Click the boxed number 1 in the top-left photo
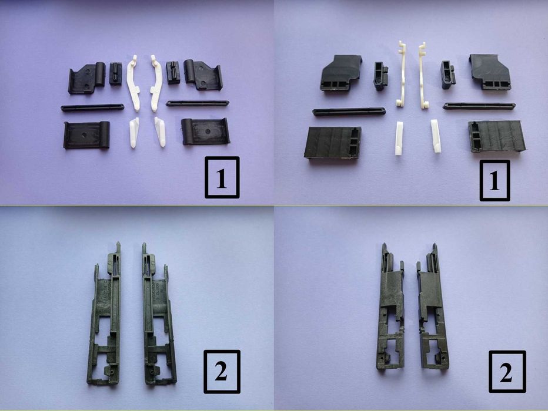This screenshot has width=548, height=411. click(x=222, y=177)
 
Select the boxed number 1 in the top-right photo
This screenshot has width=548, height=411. click(x=494, y=181)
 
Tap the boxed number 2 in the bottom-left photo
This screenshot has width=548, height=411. click(x=222, y=372)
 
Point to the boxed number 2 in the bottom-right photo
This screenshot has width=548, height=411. click(x=507, y=372)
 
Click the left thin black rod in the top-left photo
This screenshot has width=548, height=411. click(x=92, y=107)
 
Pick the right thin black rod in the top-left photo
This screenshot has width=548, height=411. click(x=198, y=103)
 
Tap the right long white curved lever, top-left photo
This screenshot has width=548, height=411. click(x=156, y=82)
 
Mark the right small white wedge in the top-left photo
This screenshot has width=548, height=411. click(x=160, y=132)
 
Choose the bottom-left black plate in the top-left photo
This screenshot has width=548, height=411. click(x=86, y=135)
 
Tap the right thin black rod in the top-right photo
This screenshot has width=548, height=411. click(x=479, y=106)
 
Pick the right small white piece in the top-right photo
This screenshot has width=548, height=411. click(x=436, y=136)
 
